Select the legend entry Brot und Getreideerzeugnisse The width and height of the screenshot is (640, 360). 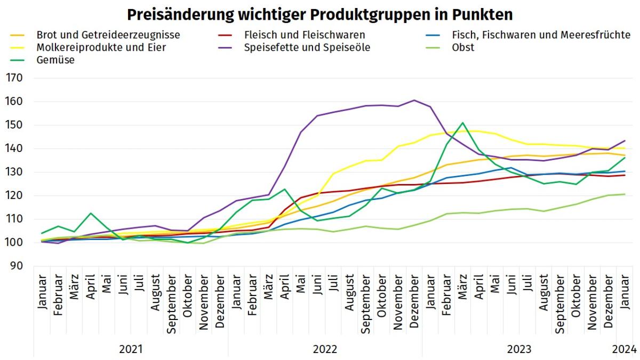pyautogui.click(x=108, y=35)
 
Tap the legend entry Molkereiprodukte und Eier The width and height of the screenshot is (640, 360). pyautogui.click(x=101, y=47)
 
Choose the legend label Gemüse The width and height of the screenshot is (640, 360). pyautogui.click(x=55, y=60)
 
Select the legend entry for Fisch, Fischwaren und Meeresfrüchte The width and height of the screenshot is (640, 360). pyautogui.click(x=541, y=35)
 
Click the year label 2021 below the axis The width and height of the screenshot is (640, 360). pyautogui.click(x=131, y=349)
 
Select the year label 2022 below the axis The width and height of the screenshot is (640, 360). pyautogui.click(x=325, y=349)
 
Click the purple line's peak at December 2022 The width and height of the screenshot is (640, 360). pyautogui.click(x=414, y=100)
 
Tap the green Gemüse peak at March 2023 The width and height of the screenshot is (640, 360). pyautogui.click(x=462, y=123)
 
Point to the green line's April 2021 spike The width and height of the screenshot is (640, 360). pyautogui.click(x=91, y=213)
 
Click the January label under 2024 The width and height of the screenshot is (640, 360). pyautogui.click(x=625, y=291)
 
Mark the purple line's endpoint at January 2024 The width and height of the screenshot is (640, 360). pyautogui.click(x=625, y=141)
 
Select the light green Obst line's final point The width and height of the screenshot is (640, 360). pyautogui.click(x=625, y=194)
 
